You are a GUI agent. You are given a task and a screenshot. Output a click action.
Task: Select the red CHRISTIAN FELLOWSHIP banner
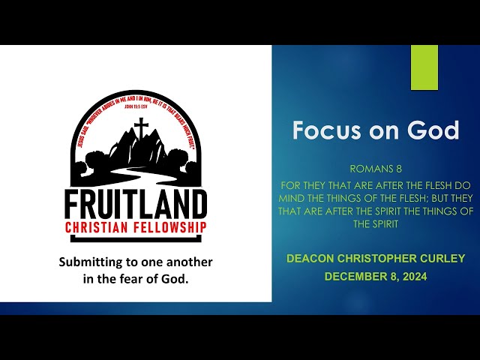(x=136, y=228)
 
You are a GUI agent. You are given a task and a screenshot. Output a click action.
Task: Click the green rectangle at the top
(x=424, y=67)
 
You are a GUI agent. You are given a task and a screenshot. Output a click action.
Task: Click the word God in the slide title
(x=433, y=130)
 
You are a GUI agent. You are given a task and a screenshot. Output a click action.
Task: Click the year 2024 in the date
(x=412, y=276)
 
